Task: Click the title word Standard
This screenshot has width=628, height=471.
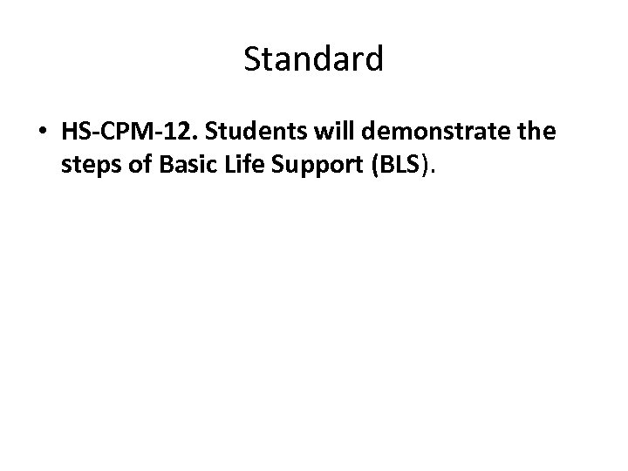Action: (x=313, y=59)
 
